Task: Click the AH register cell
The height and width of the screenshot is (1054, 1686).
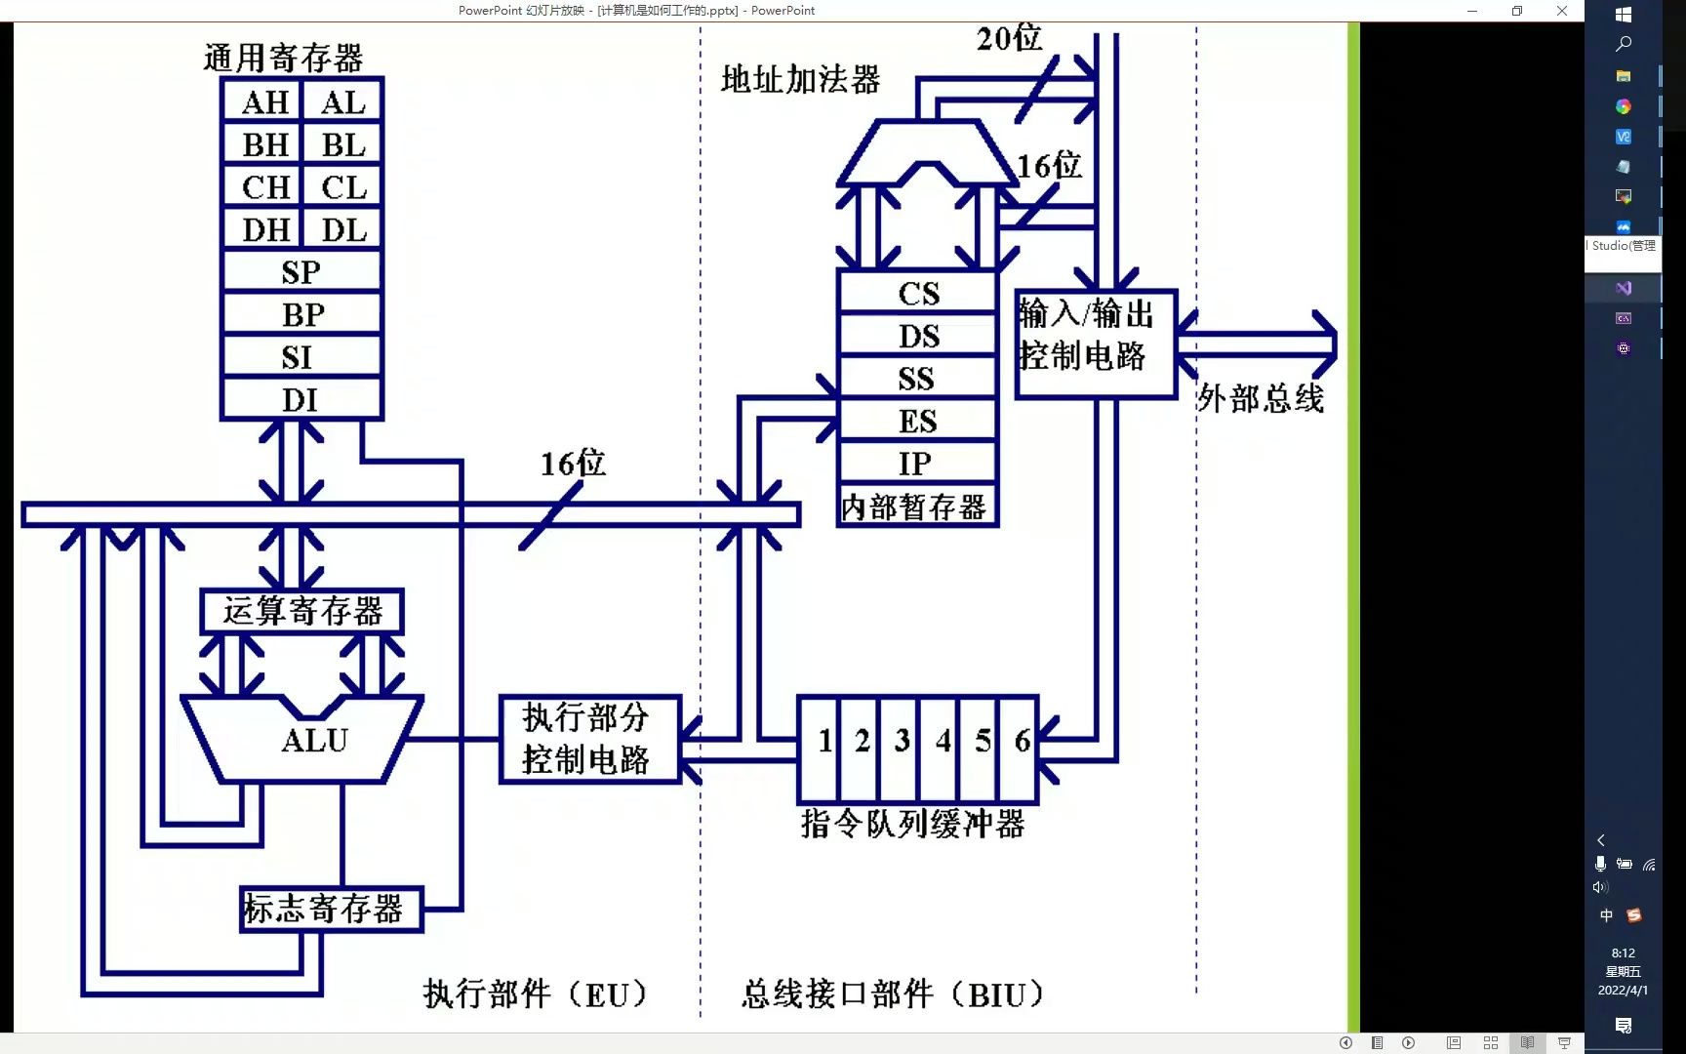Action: pyautogui.click(x=263, y=102)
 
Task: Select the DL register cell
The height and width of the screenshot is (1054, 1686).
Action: pyautogui.click(x=343, y=230)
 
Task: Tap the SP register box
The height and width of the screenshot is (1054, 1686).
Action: pyautogui.click(x=301, y=272)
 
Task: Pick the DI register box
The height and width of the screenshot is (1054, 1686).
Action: pyautogui.click(x=301, y=400)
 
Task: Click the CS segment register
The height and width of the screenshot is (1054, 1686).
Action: pyautogui.click(x=917, y=293)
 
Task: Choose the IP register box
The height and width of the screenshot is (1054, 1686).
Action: pyautogui.click(x=915, y=464)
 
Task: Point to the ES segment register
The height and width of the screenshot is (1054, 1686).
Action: pyautogui.click(x=917, y=421)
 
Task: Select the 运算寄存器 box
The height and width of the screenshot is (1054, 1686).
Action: pyautogui.click(x=301, y=612)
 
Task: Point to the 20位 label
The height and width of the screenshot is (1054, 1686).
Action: pyautogui.click(x=1008, y=39)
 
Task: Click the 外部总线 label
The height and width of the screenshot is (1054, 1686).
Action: pyautogui.click(x=1260, y=398)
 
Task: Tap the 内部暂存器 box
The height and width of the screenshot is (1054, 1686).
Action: pyautogui.click(x=915, y=507)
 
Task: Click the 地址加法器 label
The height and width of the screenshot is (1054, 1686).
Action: pyautogui.click(x=800, y=80)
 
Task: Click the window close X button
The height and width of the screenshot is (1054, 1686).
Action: pyautogui.click(x=1561, y=11)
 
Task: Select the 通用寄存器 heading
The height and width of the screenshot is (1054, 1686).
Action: pyautogui.click(x=283, y=59)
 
